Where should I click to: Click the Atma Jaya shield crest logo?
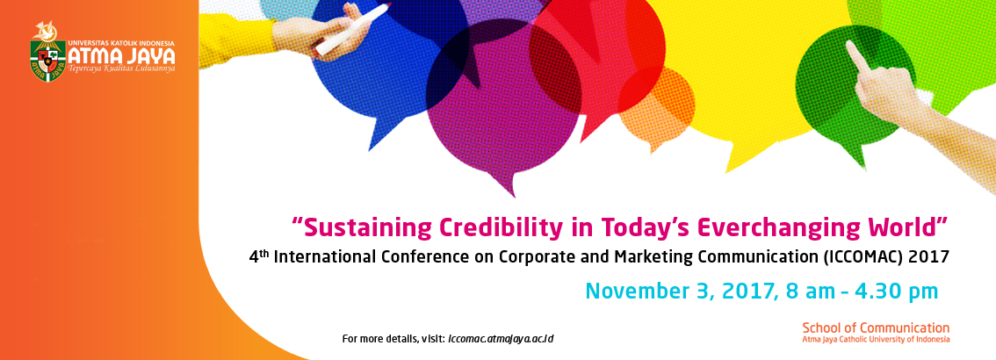click(47, 61)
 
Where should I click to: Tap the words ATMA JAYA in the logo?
click(121, 56)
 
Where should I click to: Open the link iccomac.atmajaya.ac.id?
click(501, 338)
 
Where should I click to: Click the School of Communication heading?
click(876, 328)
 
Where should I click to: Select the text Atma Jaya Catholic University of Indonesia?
click(876, 339)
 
